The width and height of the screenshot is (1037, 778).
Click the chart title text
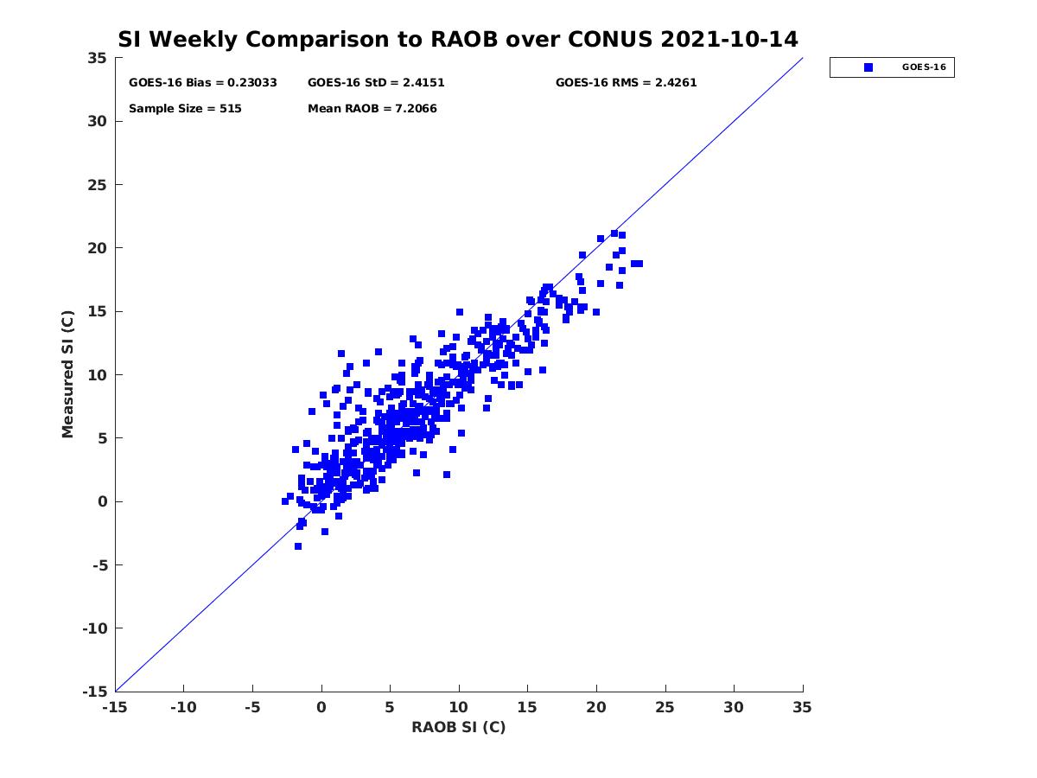coord(457,39)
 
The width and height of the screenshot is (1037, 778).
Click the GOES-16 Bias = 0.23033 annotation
coord(203,83)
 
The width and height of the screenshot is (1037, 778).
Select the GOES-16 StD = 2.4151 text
coord(376,83)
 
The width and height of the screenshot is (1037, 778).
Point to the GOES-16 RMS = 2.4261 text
coord(626,83)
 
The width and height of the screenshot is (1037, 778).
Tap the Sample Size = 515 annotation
coord(185,109)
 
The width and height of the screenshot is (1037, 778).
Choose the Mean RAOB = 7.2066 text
coord(372,109)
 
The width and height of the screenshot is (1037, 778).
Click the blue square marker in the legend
coord(868,67)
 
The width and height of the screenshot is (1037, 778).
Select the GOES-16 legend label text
coord(924,67)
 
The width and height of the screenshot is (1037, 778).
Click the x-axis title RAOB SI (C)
coord(458,727)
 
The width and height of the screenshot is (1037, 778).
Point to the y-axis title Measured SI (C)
coord(67,374)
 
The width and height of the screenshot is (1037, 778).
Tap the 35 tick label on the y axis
coord(97,58)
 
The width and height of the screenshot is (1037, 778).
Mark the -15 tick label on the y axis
coord(95,692)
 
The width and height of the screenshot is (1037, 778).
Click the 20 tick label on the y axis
coord(97,248)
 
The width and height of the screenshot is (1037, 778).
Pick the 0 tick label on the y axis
coord(103,501)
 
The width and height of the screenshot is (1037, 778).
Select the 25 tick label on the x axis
coord(665,707)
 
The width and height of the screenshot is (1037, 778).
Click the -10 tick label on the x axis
coord(183,707)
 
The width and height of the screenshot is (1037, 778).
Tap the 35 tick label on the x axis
coord(802,707)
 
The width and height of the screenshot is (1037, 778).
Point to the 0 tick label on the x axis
coord(321,707)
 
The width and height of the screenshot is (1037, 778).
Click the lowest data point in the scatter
coord(298,546)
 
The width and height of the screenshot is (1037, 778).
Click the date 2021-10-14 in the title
coord(729,39)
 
